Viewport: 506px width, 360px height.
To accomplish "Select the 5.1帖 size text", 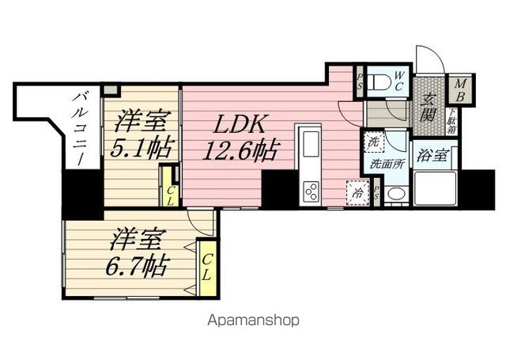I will (142, 149).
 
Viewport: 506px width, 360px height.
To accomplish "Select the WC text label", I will (400, 80).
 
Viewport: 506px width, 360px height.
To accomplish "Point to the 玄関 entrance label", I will (429, 107).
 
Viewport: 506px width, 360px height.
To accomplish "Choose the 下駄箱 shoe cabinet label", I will (451, 123).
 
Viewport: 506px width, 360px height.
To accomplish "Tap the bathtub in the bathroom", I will (436, 190).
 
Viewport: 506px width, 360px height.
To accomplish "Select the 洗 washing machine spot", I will (372, 143).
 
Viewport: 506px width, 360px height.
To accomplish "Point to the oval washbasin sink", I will (397, 195).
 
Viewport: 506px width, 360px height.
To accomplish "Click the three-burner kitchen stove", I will (311, 191).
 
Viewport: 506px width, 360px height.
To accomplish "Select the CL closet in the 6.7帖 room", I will (208, 268).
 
